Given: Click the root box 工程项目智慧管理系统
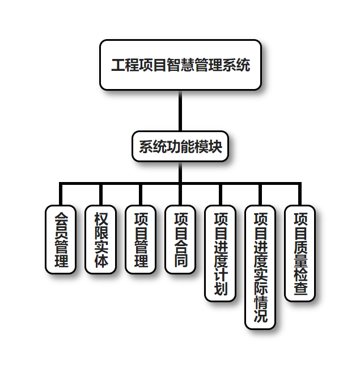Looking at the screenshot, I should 180,65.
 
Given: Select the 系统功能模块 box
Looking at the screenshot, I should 180,146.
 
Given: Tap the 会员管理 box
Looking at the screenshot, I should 61,239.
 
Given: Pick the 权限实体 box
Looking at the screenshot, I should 101,239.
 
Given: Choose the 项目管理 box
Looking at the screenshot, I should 141,239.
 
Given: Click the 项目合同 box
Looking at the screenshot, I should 180,239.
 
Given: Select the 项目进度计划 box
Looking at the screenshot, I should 221,253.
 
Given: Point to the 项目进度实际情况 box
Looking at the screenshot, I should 260,267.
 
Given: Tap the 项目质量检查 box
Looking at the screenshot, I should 300,253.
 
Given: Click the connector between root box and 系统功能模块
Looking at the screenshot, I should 180,111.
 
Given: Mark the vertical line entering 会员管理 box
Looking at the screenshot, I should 61,195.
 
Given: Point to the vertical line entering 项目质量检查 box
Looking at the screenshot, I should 300,195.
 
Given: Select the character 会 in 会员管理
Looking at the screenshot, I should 61,218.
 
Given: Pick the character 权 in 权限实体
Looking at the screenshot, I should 101,218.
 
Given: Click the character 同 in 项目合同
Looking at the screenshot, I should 180,261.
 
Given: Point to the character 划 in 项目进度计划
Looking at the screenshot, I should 221,289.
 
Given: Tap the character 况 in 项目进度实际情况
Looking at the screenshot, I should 260,316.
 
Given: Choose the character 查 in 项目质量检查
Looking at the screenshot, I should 300,289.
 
